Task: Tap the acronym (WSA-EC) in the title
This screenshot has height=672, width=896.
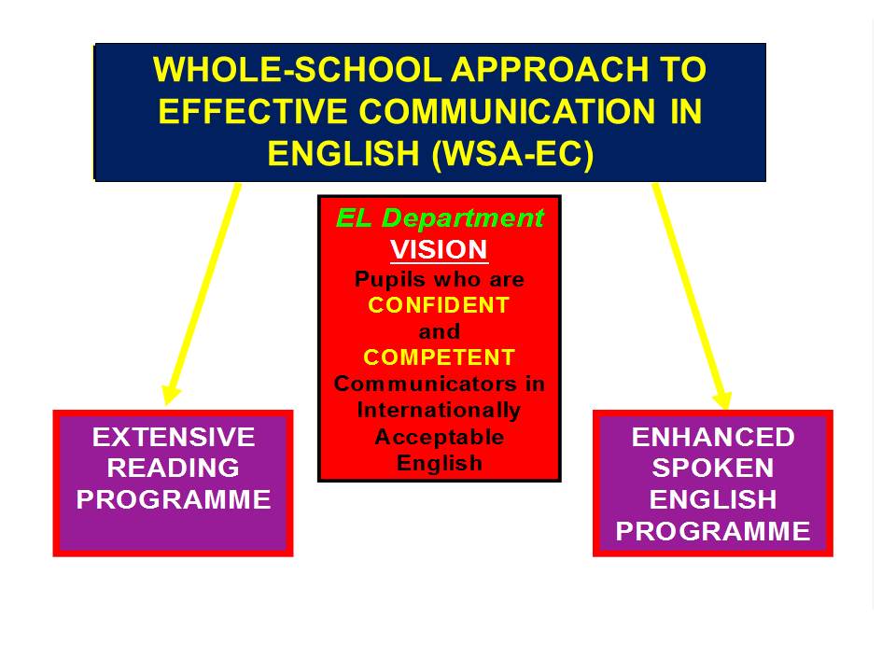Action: pos(513,154)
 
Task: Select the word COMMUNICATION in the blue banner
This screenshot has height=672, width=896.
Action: pos(507,111)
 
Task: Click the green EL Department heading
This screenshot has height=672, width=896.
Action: pos(440,217)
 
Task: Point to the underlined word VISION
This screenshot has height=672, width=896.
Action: pos(439,250)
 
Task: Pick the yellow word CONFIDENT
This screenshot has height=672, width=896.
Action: pos(439,305)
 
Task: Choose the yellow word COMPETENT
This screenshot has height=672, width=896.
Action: pos(439,357)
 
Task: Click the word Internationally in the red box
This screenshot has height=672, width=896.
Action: pos(439,411)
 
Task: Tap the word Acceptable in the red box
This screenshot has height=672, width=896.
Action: pos(440,437)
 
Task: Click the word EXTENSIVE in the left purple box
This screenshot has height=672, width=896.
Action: pos(174,438)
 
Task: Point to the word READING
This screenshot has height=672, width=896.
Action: pos(174,468)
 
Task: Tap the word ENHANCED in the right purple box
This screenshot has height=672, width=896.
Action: pos(713,438)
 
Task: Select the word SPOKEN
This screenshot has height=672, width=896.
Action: pos(713,468)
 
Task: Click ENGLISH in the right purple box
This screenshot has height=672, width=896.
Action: pos(713,499)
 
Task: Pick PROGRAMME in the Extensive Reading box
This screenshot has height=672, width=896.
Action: pos(174,499)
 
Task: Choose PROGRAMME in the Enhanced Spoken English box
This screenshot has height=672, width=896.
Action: pos(713,531)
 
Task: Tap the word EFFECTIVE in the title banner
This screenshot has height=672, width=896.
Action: pos(253,111)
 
